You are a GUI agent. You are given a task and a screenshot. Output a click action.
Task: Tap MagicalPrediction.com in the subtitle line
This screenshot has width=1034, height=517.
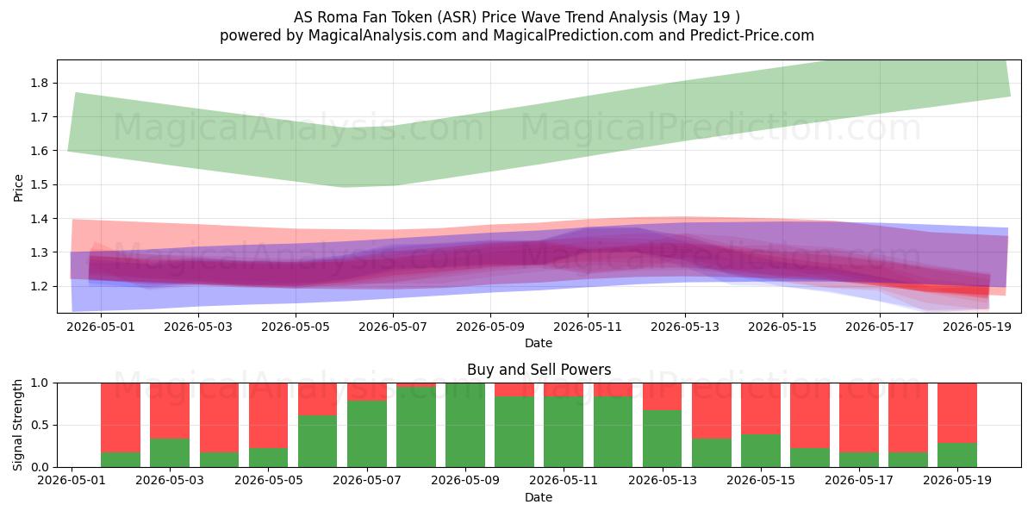(x=573, y=35)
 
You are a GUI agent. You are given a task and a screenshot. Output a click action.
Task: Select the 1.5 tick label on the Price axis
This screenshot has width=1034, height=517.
(x=40, y=184)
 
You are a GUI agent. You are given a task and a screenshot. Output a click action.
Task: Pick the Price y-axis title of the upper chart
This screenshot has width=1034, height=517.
(x=18, y=188)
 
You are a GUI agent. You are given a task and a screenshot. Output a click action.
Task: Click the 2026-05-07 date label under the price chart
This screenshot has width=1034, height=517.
(x=393, y=327)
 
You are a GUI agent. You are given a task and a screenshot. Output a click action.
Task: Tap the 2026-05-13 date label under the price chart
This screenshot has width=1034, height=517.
(x=685, y=327)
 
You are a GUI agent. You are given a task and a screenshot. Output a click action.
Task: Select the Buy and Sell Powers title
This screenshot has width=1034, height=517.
(x=539, y=370)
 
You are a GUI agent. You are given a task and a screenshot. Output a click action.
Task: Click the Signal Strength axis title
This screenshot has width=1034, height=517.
(x=18, y=425)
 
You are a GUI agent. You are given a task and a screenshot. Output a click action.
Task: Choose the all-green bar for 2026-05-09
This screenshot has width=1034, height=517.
(x=465, y=425)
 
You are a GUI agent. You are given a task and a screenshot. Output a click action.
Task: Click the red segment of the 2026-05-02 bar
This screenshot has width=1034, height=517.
(x=121, y=418)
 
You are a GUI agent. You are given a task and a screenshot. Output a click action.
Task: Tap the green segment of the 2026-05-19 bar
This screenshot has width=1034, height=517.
(x=957, y=455)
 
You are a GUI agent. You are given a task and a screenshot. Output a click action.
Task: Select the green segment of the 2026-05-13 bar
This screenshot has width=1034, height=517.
(x=662, y=439)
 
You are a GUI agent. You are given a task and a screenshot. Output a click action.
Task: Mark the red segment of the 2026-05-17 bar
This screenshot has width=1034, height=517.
(x=859, y=418)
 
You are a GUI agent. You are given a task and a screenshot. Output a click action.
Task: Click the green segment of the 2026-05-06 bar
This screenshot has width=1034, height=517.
(x=318, y=441)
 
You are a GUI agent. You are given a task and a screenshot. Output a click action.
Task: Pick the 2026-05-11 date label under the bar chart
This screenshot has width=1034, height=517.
(x=564, y=481)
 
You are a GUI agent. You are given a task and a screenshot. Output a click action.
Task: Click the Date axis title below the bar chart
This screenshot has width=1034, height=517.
(x=539, y=498)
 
